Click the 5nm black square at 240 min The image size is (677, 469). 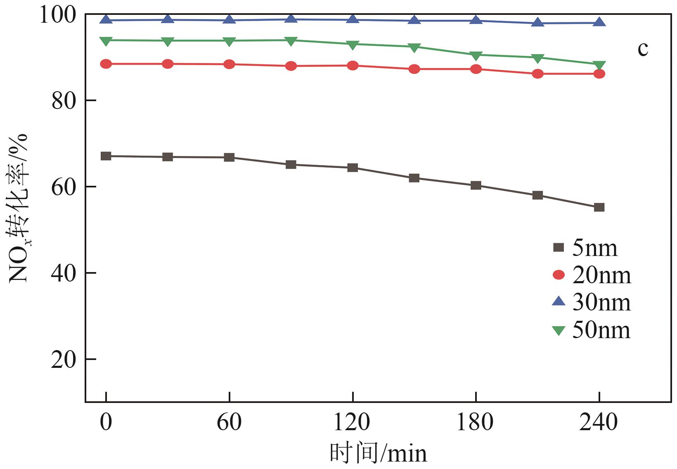click(x=599, y=207)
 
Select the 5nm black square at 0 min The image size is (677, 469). click(x=106, y=156)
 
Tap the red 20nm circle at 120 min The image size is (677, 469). click(x=353, y=66)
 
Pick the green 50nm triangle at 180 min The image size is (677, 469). click(x=476, y=55)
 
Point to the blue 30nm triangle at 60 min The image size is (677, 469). click(x=229, y=19)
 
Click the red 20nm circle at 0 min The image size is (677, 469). click(x=106, y=64)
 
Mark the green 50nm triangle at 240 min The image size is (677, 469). click(x=599, y=65)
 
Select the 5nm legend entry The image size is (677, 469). click(x=585, y=248)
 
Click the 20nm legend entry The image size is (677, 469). click(x=592, y=275)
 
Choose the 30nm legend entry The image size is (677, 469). click(x=592, y=303)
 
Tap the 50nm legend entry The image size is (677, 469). click(x=592, y=330)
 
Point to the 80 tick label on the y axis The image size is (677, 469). click(x=64, y=100)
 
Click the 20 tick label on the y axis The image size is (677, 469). click(x=64, y=360)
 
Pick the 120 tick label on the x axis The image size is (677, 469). click(x=352, y=422)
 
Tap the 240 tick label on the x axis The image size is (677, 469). click(x=599, y=422)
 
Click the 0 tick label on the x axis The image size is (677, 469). click(x=106, y=422)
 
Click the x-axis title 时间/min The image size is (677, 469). click(x=378, y=453)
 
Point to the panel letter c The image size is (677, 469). click(x=643, y=49)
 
